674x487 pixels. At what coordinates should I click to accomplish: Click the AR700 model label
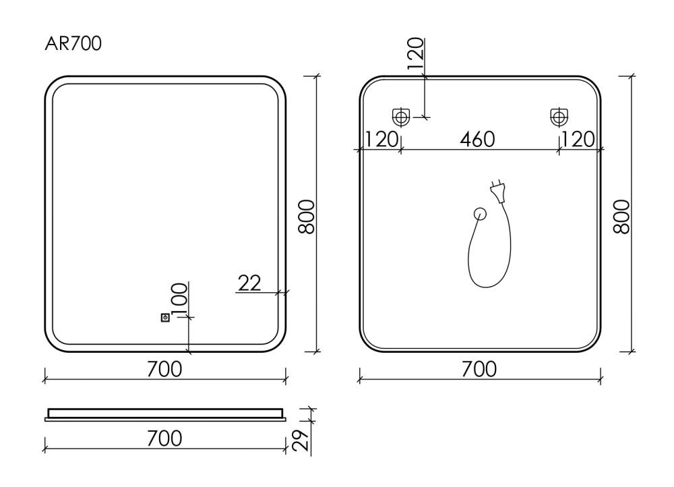point(73,43)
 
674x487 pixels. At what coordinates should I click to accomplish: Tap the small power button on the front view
point(165,318)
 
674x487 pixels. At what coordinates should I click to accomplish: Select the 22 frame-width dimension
point(249,283)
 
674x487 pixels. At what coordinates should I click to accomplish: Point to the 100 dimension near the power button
point(179,299)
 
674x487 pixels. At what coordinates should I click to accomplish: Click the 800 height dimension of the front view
point(307,217)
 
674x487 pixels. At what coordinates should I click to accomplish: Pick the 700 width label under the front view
point(164,369)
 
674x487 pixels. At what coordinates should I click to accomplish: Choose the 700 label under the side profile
point(164,438)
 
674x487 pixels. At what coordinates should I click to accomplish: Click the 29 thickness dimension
point(301,440)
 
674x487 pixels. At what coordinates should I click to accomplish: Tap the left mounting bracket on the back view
point(401,117)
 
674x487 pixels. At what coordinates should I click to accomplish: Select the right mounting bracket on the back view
point(559,117)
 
